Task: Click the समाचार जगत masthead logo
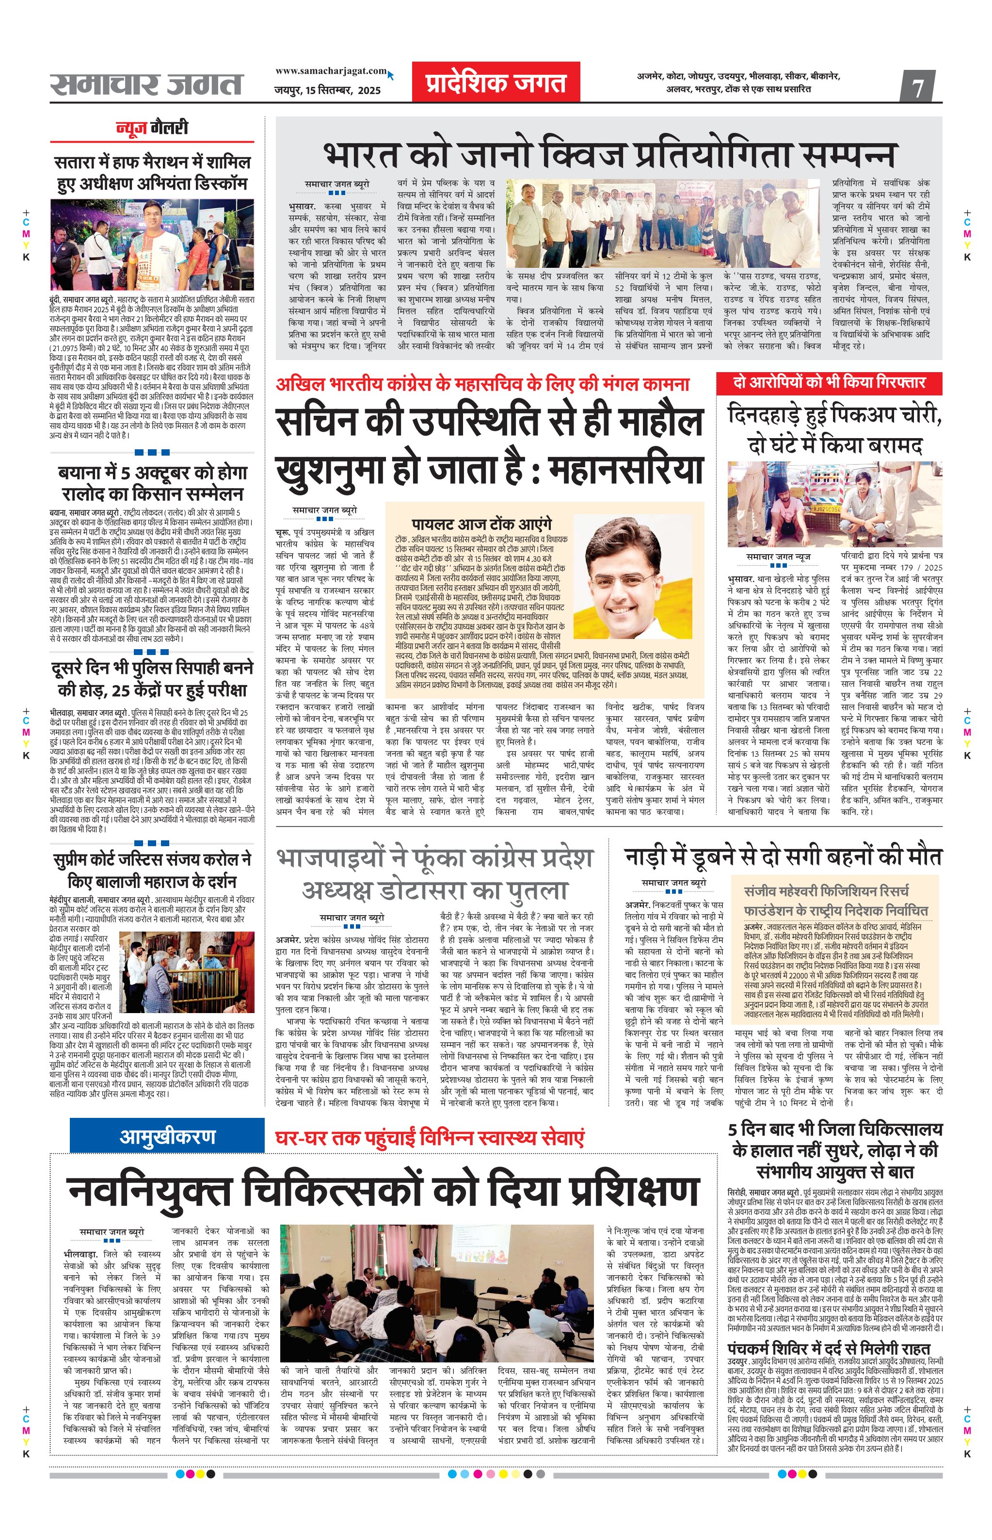(146, 84)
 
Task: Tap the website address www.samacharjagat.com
(331, 71)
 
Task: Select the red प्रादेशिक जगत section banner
(496, 82)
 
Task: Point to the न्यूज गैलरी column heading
(152, 128)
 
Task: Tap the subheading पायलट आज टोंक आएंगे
(482, 524)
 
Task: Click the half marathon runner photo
(152, 245)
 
